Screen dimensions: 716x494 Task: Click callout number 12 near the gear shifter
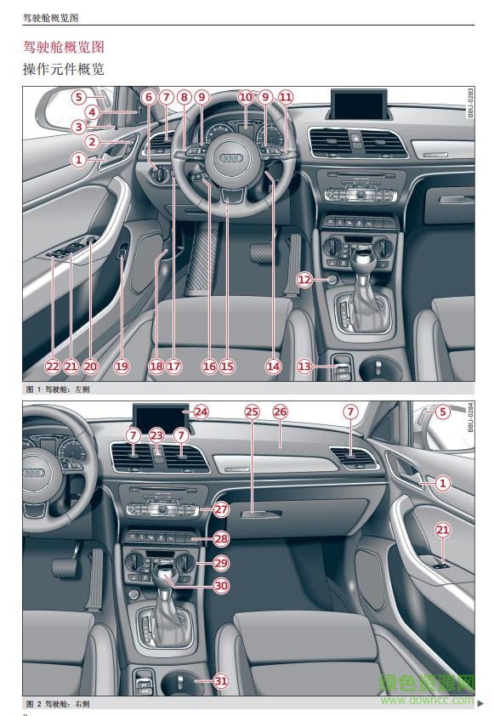(x=304, y=279)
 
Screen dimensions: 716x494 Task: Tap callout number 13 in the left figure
(x=304, y=366)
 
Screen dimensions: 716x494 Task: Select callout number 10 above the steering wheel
(x=246, y=98)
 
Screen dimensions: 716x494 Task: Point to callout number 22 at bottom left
(x=53, y=366)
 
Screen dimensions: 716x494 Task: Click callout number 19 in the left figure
(x=121, y=366)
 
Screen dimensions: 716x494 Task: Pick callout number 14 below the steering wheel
(x=273, y=366)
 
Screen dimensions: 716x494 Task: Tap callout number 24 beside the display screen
(x=201, y=412)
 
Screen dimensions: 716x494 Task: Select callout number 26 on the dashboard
(x=280, y=412)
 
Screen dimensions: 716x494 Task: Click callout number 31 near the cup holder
(x=220, y=680)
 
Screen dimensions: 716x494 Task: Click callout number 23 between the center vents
(x=156, y=435)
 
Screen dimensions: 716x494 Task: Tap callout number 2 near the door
(x=94, y=142)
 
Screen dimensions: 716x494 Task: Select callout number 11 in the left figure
(x=285, y=98)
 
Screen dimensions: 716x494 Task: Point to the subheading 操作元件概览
(x=63, y=68)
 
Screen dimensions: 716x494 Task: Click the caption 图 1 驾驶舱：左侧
(x=57, y=388)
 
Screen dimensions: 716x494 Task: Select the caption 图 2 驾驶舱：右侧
(x=57, y=704)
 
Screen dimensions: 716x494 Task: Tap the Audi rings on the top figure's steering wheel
(x=232, y=158)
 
